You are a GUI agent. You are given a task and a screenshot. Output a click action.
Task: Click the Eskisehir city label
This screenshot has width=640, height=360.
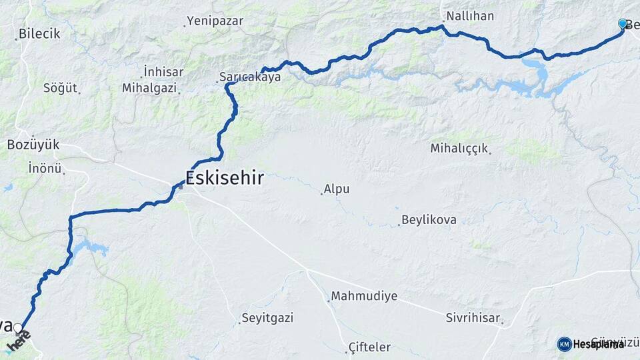coord(224,178)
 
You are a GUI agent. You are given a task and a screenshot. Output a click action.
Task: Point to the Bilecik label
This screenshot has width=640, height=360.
coord(39,33)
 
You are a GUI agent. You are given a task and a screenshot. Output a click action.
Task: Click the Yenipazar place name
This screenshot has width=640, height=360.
coord(215,21)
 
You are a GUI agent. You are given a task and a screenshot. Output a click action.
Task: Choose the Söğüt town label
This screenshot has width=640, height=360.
coord(60,88)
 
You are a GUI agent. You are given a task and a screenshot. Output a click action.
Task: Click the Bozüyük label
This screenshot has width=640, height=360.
coord(33,145)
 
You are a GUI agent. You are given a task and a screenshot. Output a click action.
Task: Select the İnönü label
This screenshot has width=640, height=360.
coord(45,168)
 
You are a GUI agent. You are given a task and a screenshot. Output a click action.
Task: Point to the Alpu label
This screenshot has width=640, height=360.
coord(337,189)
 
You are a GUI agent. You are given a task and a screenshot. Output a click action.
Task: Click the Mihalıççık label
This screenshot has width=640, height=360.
coord(459,148)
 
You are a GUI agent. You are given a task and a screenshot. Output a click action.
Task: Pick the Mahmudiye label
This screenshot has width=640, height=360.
coord(364,296)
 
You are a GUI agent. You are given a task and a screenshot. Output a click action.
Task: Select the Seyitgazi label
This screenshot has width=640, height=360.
coord(267,318)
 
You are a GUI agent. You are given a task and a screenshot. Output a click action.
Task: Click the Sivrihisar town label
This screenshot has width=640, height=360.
coord(473,318)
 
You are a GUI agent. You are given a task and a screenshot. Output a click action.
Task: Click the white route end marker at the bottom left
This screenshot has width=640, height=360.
coord(19,328)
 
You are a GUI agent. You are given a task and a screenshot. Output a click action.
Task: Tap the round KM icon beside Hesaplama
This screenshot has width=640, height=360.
coord(564,344)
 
